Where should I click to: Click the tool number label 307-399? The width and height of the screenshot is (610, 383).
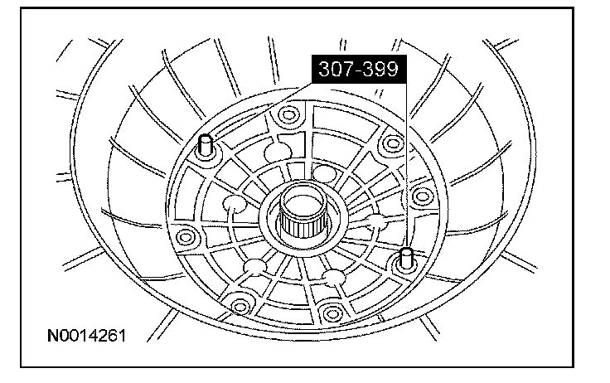pos(359,69)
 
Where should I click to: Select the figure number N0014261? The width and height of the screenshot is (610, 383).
pos(87,336)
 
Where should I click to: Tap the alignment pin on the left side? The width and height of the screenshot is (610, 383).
pos(205,146)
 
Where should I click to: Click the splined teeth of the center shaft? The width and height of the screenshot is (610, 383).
pos(302,227)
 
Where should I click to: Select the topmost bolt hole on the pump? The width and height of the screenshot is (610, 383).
pos(288,114)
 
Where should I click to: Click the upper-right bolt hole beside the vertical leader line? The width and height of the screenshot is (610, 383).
pos(393,143)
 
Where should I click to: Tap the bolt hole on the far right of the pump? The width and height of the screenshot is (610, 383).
pos(423,196)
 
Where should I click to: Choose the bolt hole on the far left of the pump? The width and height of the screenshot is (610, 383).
pos(185,236)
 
